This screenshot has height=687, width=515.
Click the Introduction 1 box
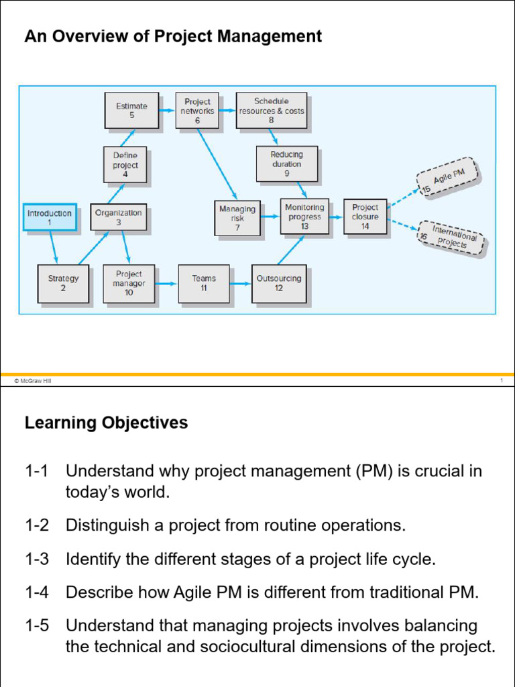tap(50, 217)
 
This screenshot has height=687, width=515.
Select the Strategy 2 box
tap(63, 283)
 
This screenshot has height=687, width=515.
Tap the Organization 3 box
tap(119, 217)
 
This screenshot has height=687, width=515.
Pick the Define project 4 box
tap(125, 165)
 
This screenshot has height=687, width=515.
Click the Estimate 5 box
tap(132, 110)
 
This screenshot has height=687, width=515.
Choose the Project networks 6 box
tap(197, 111)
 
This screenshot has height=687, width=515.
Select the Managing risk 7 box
tap(237, 218)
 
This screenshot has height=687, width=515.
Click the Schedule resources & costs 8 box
tap(272, 111)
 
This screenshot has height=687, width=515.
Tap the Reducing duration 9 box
tap(286, 164)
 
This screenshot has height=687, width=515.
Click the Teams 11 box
tap(204, 283)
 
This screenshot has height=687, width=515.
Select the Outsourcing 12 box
tap(279, 283)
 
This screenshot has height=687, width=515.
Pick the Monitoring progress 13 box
tap(304, 217)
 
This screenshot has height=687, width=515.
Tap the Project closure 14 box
tap(365, 217)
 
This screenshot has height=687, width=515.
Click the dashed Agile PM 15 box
tap(448, 176)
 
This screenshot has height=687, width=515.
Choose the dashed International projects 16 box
tap(452, 237)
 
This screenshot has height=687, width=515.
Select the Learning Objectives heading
tap(106, 423)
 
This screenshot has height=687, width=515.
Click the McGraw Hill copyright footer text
tap(32, 380)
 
